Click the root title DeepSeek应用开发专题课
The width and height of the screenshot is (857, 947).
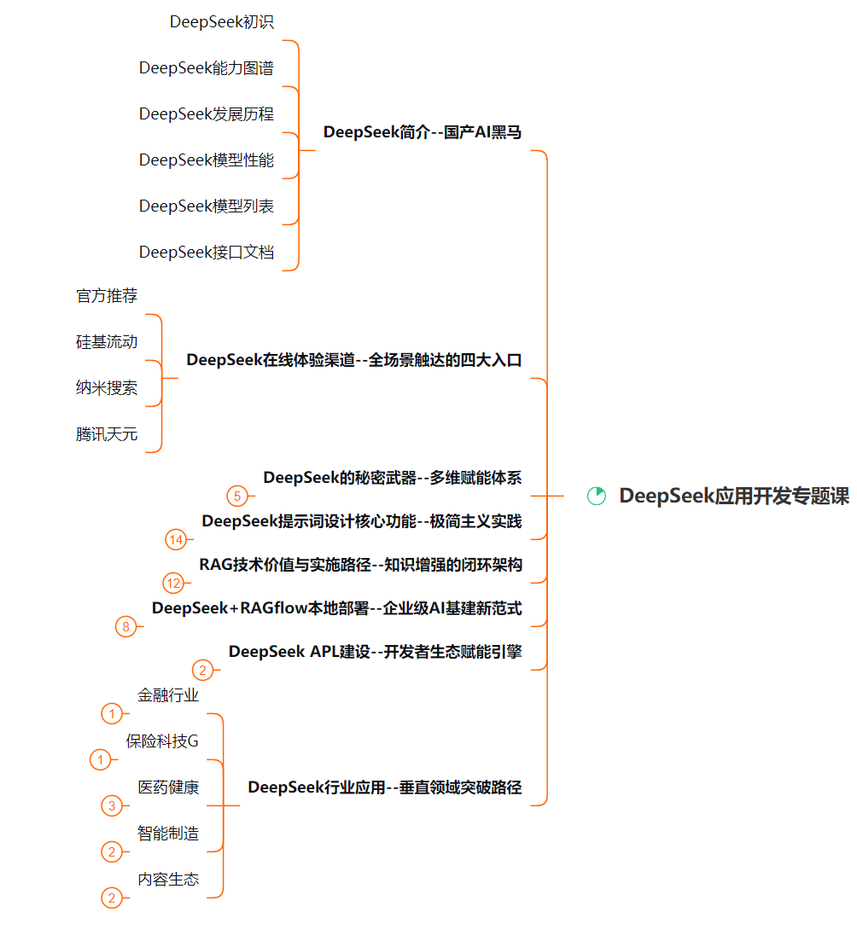(734, 496)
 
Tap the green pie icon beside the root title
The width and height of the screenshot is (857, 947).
(597, 496)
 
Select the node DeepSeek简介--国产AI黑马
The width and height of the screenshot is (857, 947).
(422, 132)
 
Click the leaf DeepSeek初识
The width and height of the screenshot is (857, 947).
(222, 22)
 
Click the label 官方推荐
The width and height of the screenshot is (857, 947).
(107, 296)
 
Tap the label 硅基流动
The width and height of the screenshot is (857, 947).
(107, 342)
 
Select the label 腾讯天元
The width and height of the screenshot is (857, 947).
(107, 434)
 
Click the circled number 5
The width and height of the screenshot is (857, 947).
(237, 496)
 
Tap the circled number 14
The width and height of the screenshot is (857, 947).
(176, 539)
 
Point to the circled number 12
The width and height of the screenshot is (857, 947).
(173, 584)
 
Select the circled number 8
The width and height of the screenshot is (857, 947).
(126, 627)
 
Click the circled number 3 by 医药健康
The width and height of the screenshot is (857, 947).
(111, 805)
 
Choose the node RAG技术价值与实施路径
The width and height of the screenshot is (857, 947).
(360, 564)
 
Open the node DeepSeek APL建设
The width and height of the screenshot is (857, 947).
(375, 652)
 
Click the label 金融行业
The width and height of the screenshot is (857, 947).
(168, 695)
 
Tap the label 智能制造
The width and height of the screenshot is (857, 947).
(168, 834)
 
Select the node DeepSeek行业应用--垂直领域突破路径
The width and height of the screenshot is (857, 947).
(384, 787)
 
